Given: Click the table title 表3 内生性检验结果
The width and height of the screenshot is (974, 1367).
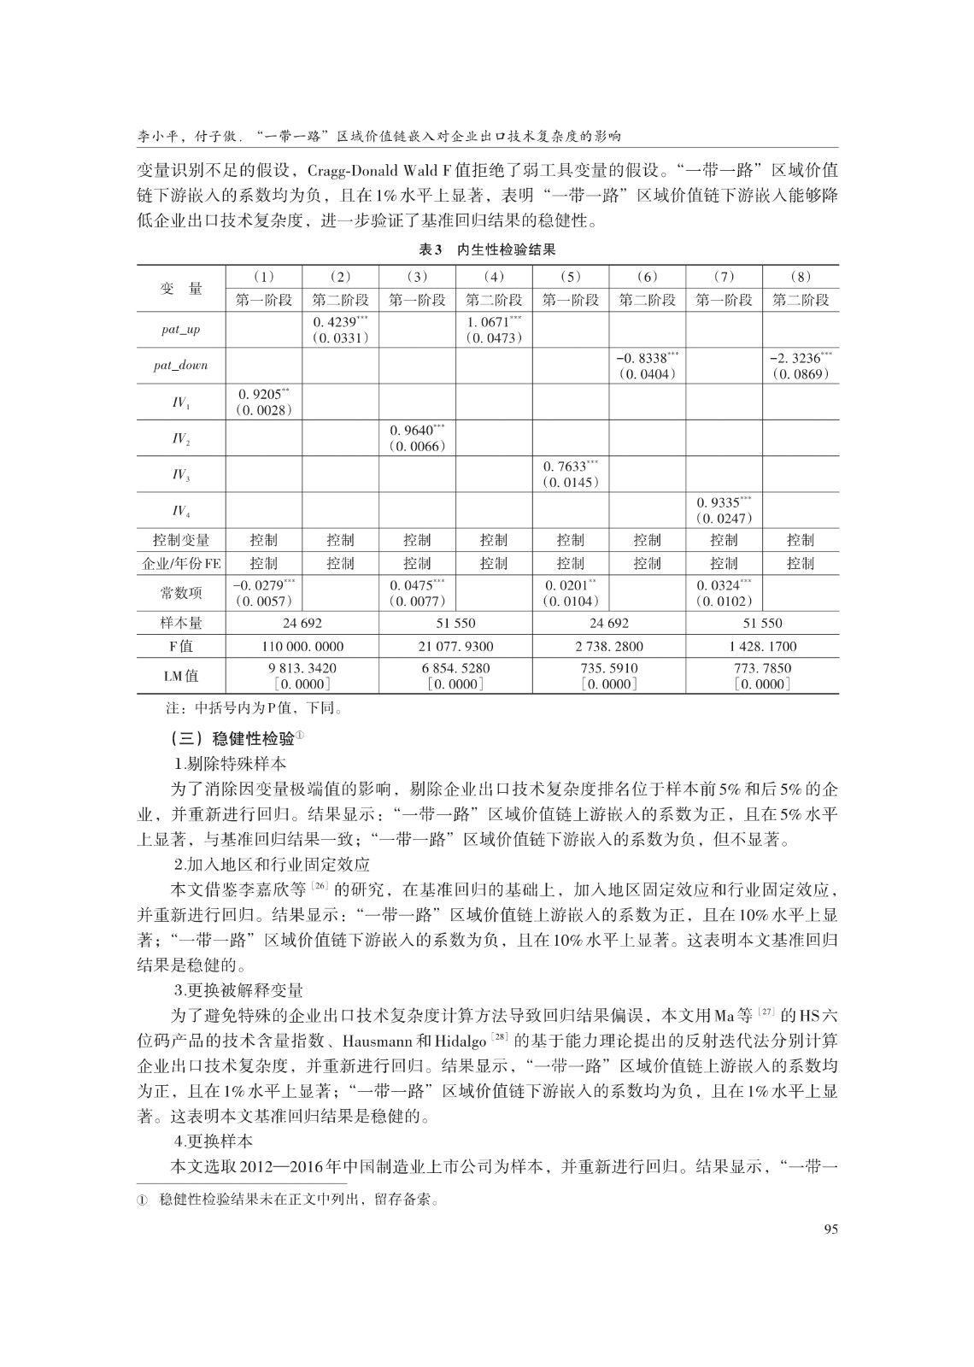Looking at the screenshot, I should tap(487, 250).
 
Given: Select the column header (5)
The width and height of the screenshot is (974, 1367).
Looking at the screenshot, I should tap(571, 277).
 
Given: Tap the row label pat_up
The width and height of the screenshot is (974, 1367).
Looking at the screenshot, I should tap(181, 330).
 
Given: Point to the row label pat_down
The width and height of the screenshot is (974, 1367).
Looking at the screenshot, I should tap(181, 366).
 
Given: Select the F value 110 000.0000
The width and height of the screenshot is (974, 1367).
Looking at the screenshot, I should tap(302, 647).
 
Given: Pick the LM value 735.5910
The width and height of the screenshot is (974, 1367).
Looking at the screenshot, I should tap(608, 668).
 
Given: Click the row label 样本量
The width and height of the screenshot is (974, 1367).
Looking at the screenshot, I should tap(181, 624).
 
